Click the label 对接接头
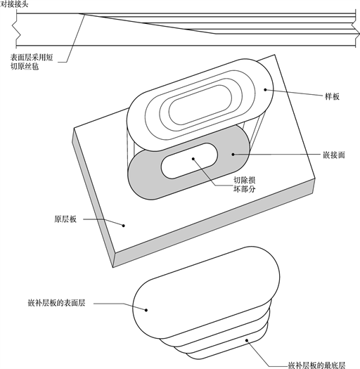point(14,4)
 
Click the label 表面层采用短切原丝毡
point(32,62)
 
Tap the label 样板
point(332,96)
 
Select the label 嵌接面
point(333,155)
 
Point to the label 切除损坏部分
point(245,184)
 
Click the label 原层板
point(65,219)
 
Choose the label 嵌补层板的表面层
point(56,303)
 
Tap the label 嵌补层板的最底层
point(317,365)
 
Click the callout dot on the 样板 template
point(265,89)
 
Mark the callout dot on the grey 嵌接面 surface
point(233,155)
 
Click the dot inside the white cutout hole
point(193,159)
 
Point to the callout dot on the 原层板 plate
point(124,226)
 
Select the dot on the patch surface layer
point(146,310)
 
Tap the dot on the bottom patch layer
point(247,340)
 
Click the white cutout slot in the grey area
point(189,161)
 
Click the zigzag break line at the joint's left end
point(16,30)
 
